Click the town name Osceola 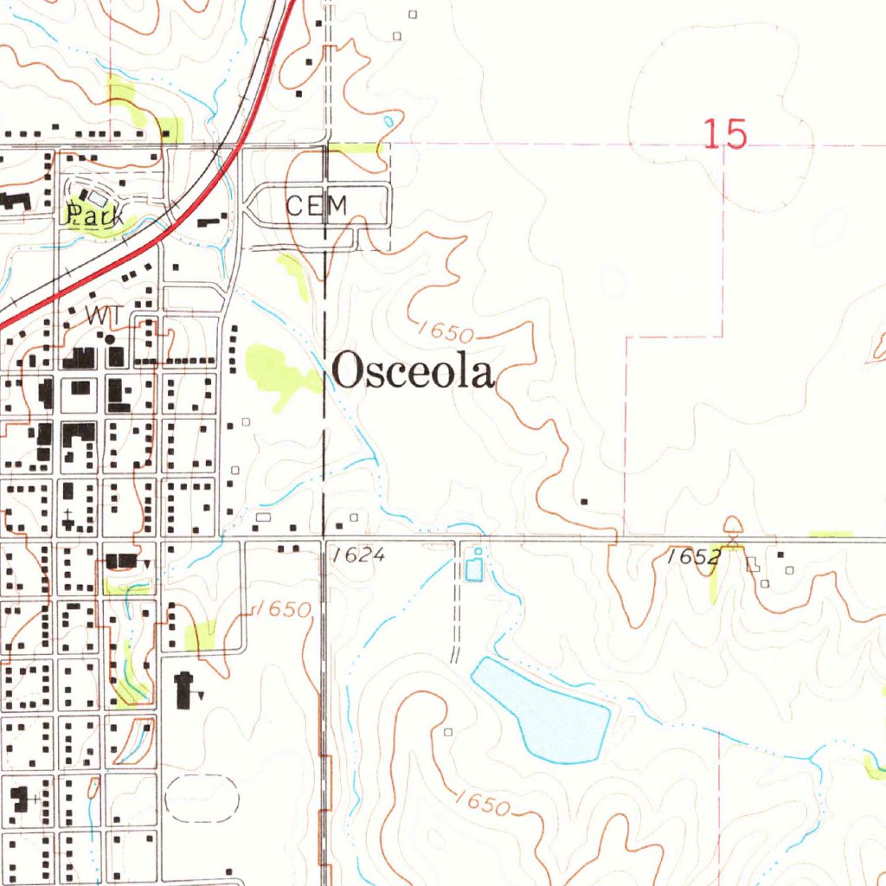coord(414,373)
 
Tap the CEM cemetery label coord(317,206)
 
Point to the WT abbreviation coord(100,317)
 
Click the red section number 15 coord(724,135)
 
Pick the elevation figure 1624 coord(358,555)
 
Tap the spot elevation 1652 coord(694,557)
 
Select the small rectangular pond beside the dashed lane coord(474,569)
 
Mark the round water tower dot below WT coord(111,339)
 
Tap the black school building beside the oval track coord(183,690)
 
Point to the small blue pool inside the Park coord(98,198)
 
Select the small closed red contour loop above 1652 coord(733,524)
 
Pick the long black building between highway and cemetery coord(208,222)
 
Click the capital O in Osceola coord(346,373)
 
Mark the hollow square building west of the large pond coord(448,732)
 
